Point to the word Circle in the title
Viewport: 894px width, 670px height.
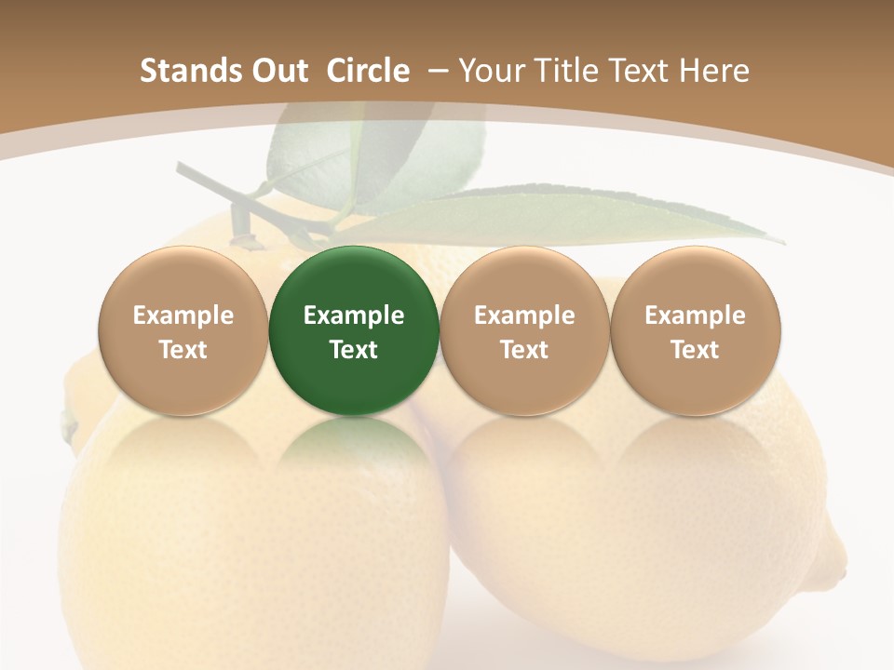[x=368, y=71]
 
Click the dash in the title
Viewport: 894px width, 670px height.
[x=438, y=72]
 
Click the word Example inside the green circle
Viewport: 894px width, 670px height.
[x=354, y=315]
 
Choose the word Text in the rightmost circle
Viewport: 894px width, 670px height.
[x=695, y=350]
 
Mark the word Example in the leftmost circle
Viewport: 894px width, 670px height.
[x=183, y=315]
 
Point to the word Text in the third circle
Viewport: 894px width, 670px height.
[x=524, y=350]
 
